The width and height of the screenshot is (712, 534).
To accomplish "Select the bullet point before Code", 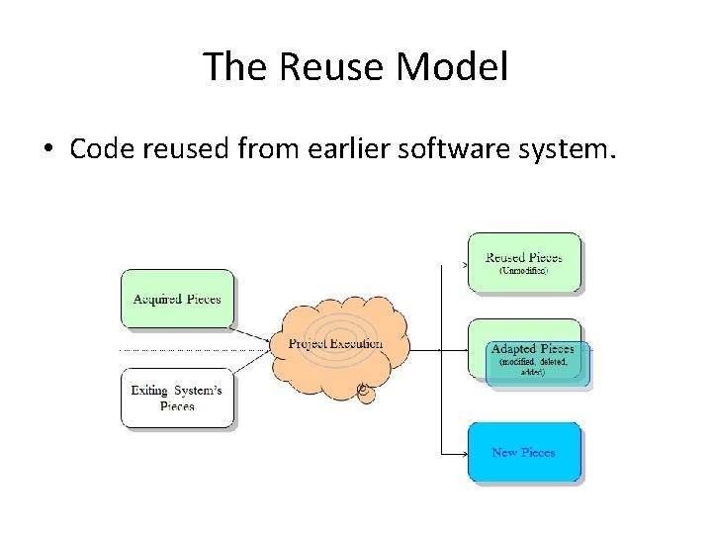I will tap(47, 150).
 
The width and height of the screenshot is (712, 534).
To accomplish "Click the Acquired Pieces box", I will tap(177, 299).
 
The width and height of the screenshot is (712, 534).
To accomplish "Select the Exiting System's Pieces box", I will tap(177, 398).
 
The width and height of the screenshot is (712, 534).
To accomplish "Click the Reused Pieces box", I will tap(524, 262).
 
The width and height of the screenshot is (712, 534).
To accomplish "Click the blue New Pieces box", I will tap(523, 452).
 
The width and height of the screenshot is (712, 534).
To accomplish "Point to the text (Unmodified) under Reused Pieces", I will tap(523, 270).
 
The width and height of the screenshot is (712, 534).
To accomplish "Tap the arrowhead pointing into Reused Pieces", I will tap(464, 265).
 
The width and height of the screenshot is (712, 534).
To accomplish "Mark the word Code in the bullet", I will tap(98, 149).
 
